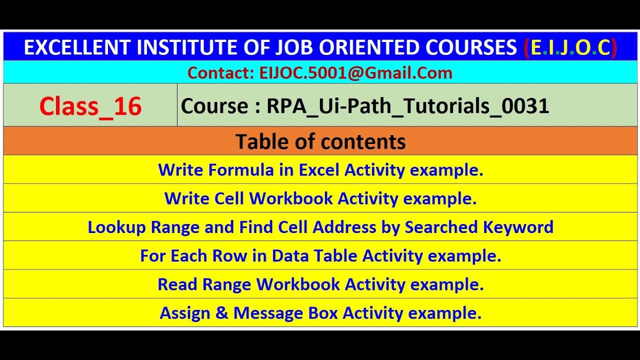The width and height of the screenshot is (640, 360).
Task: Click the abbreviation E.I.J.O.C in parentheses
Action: (570, 47)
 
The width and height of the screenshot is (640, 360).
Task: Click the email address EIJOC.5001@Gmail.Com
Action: (356, 73)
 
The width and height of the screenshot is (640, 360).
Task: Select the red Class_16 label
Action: (90, 106)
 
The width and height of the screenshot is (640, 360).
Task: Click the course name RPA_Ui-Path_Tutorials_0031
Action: (408, 106)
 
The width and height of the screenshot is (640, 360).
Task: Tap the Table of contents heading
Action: (320, 141)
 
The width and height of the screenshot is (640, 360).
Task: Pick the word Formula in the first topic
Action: (241, 170)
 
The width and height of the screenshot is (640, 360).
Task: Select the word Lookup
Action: (117, 227)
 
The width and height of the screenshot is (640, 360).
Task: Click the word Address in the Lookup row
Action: (344, 227)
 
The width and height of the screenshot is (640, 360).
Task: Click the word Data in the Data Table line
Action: (289, 256)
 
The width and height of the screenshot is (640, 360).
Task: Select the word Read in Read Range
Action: (178, 284)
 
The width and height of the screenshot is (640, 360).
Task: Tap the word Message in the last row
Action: (268, 313)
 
